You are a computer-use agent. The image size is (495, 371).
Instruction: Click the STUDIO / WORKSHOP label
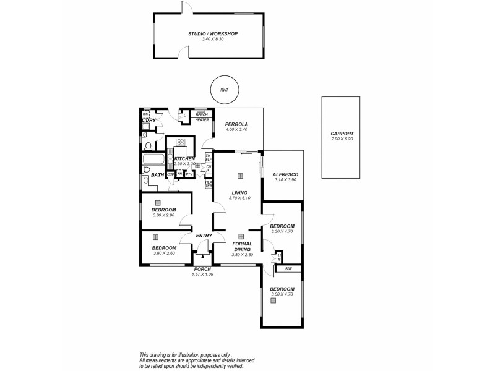(212, 33)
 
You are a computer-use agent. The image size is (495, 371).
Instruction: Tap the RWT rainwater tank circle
(223, 90)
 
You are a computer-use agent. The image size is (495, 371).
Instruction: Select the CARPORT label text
(342, 134)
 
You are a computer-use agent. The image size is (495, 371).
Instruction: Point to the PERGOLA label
(236, 124)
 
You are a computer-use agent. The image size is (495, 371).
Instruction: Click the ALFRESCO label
(285, 174)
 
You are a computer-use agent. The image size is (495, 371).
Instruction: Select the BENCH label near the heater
(202, 114)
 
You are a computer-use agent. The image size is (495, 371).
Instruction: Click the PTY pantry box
(189, 174)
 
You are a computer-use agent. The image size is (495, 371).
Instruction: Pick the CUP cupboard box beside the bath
(170, 174)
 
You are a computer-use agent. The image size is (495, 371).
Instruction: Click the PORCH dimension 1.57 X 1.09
(202, 275)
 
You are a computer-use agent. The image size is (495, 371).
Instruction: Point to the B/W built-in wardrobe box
(288, 269)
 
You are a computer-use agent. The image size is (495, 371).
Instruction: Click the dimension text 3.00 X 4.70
(282, 294)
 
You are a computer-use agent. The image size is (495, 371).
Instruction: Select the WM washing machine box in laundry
(146, 114)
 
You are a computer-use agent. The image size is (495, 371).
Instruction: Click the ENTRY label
(204, 236)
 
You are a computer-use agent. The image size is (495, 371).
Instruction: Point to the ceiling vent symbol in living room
(241, 175)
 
